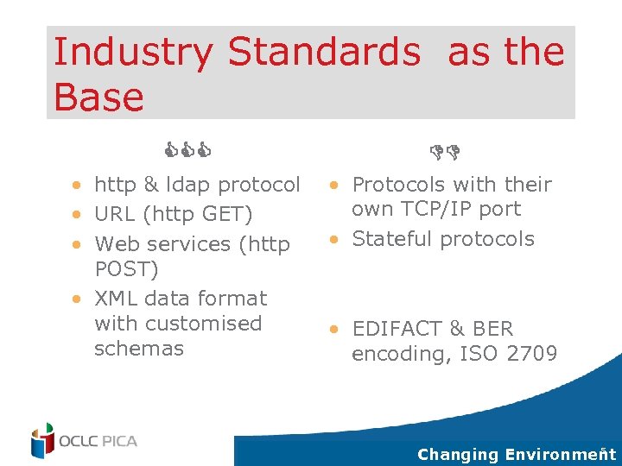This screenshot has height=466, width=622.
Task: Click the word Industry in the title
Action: (132, 54)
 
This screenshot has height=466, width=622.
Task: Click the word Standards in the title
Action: (324, 52)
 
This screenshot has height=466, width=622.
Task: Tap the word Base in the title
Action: (98, 97)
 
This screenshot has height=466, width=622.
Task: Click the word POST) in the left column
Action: (126, 269)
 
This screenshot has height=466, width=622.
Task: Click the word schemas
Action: (139, 349)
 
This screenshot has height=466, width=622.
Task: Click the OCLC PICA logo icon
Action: (42, 440)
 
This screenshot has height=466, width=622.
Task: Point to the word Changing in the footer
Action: (458, 454)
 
